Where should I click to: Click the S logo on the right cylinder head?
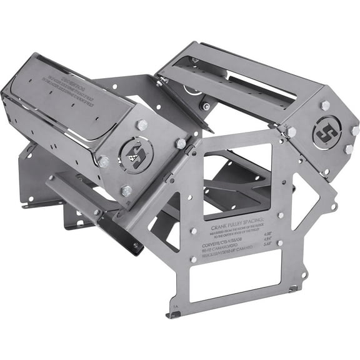[x=326, y=132]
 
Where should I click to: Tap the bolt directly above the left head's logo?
[x=142, y=124]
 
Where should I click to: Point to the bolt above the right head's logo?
[x=325, y=106]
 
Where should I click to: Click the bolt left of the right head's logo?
[x=292, y=132]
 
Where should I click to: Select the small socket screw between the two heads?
[x=206, y=107]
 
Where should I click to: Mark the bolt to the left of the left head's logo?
[x=104, y=162]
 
